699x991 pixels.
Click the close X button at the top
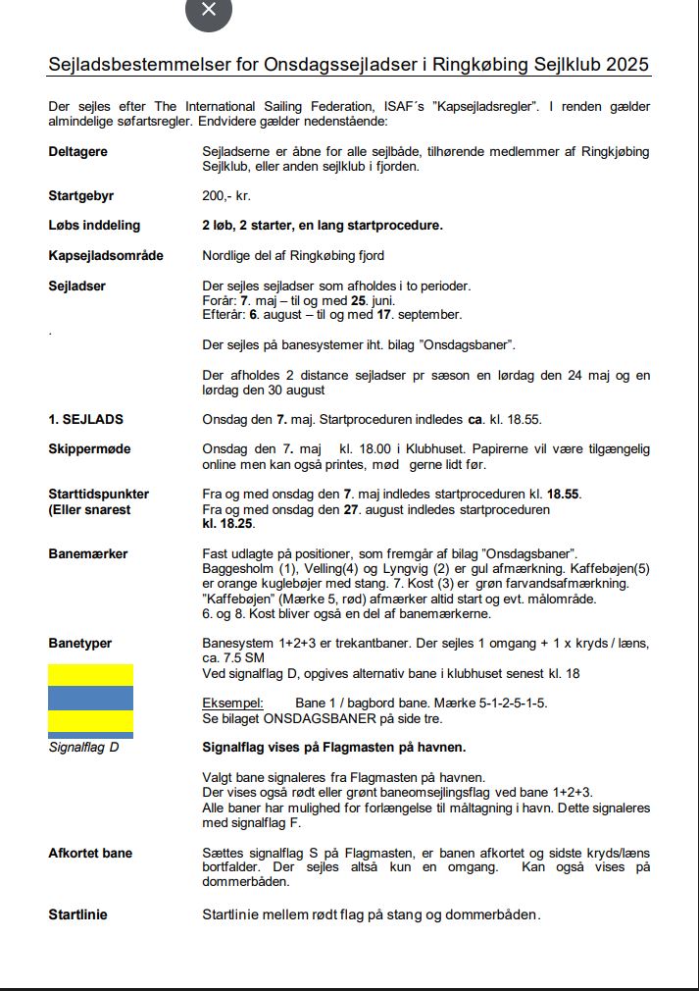208,10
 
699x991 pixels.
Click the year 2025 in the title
627,66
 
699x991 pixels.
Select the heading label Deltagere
77,152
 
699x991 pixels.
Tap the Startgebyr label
81,196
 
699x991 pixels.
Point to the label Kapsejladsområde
106,256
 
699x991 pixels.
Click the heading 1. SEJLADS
86,420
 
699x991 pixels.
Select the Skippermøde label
89,448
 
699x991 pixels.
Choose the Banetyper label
79,644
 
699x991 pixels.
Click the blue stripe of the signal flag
90,698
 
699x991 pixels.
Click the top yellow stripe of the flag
90,674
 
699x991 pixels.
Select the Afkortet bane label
90,854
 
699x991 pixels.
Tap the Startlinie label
77,914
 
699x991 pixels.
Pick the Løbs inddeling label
94,226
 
